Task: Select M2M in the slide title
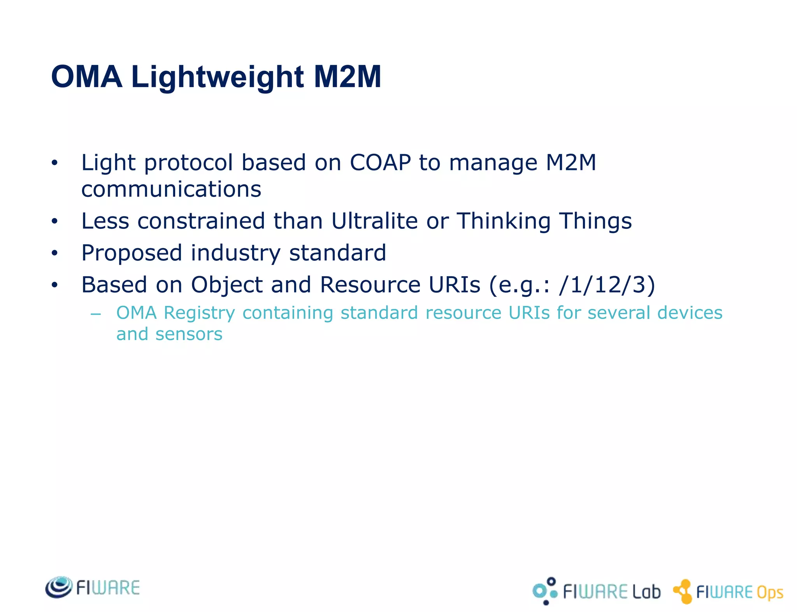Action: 347,77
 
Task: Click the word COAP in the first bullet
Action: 380,163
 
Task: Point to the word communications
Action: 171,189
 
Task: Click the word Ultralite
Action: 374,221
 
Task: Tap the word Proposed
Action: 132,254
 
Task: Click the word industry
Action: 235,254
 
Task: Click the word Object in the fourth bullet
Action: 226,286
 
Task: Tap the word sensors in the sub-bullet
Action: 189,334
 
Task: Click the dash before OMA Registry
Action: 95,314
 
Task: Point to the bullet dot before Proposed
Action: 54,254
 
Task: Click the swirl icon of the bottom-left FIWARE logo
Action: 59,587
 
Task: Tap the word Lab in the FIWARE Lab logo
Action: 646,592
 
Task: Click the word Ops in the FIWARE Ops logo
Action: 769,593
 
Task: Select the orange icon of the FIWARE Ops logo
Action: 683,591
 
